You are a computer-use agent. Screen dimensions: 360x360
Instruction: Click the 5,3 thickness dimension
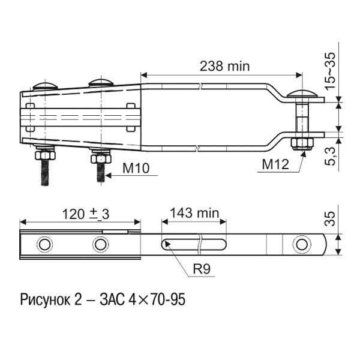(x=329, y=160)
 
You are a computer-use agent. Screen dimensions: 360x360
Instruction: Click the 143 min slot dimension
(x=194, y=213)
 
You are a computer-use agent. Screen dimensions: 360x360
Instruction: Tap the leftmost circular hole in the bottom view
(x=44, y=245)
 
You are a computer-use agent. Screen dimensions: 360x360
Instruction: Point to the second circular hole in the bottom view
(x=100, y=245)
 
